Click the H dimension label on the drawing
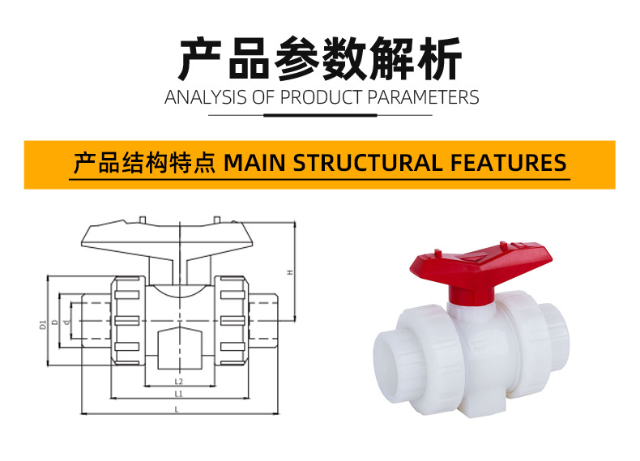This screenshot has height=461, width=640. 289,271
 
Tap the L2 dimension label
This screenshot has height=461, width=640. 178,382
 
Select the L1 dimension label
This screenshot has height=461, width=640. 178,395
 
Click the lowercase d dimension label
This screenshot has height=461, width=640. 66,324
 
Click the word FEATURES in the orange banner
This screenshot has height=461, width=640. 507,163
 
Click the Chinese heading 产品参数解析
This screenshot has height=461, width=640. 320,58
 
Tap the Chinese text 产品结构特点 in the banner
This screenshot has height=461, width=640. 143,163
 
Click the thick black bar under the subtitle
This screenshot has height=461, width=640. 320,115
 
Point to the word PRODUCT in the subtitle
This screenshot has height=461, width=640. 322,98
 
